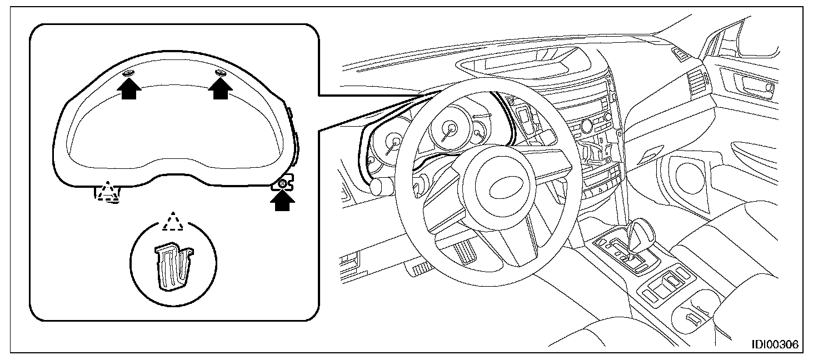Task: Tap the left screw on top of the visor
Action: (127, 73)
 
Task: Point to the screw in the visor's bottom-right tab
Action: (283, 183)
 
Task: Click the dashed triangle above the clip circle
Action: (172, 221)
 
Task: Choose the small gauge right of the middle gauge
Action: (478, 133)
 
